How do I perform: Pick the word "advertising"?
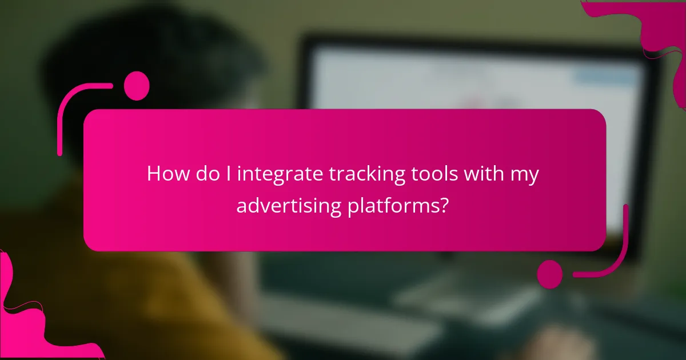click(289, 205)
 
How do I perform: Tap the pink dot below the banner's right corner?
click(549, 274)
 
